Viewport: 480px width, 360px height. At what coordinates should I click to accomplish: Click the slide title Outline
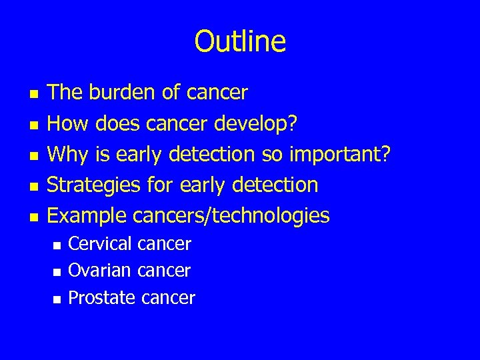tap(240, 41)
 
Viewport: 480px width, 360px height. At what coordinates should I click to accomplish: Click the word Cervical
tap(100, 244)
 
